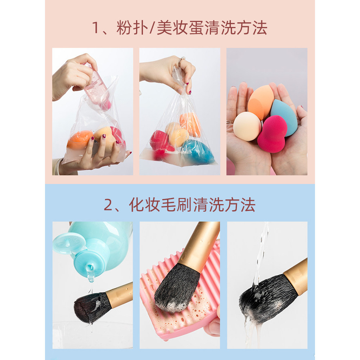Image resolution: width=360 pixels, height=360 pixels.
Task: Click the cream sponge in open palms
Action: click(247, 126)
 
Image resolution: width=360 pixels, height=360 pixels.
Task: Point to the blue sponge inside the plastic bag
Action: click(197, 151)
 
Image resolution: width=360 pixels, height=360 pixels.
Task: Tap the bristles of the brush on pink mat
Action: click(176, 284)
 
